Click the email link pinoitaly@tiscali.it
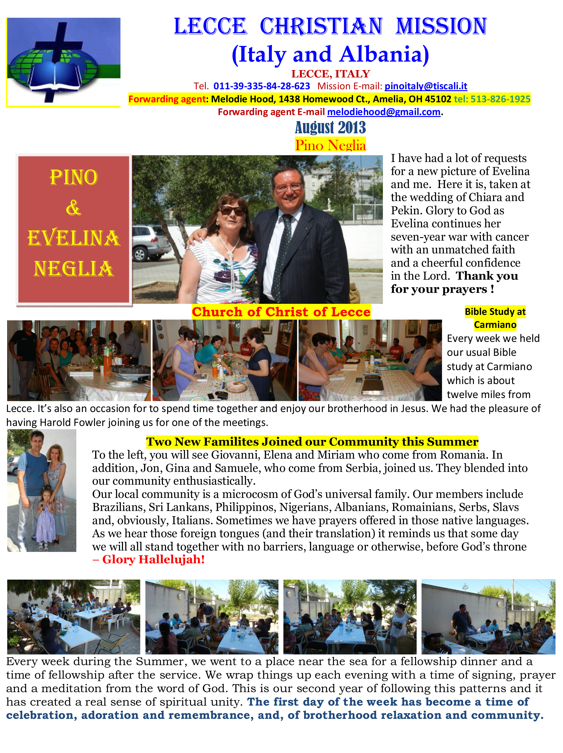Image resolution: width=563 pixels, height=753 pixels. [x=426, y=86]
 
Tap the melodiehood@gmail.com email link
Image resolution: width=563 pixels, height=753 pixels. [x=383, y=112]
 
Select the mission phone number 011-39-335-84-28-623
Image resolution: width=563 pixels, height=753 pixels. [x=262, y=86]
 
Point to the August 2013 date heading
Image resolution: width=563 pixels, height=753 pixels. [x=330, y=128]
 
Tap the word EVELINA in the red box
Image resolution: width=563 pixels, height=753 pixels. [x=73, y=238]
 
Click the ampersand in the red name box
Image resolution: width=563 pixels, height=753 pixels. [x=73, y=208]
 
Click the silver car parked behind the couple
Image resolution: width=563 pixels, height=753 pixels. [x=150, y=242]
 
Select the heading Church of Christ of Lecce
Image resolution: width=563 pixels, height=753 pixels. [x=281, y=312]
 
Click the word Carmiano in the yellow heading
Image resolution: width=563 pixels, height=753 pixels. [x=495, y=325]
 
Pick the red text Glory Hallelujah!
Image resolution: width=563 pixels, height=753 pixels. [x=153, y=559]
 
